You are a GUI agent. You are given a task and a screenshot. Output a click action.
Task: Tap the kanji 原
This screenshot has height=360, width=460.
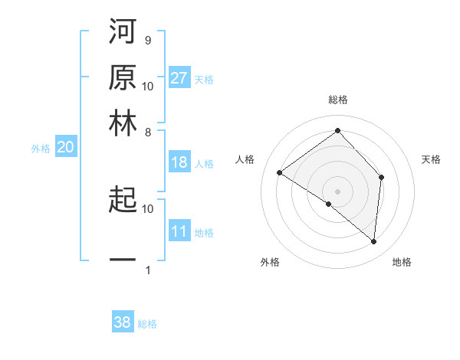[122, 78]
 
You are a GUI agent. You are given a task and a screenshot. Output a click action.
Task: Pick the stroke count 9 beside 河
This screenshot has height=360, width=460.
[147, 41]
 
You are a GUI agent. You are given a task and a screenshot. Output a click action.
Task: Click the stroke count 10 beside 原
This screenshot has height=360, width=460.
[148, 87]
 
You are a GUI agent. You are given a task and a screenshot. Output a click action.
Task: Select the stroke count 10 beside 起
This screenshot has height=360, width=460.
[148, 208]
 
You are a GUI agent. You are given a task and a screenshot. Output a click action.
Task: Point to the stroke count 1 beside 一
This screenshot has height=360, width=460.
[147, 270]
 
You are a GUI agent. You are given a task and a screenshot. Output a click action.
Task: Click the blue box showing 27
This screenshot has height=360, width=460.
[179, 78]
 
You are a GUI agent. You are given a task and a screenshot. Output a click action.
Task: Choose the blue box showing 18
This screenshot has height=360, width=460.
[179, 162]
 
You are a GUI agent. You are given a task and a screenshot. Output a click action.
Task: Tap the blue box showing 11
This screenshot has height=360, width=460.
[179, 231]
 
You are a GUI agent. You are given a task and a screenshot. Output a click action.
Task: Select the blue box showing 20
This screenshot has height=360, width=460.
[65, 148]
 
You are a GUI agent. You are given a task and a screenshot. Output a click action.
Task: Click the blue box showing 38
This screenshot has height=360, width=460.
[123, 322]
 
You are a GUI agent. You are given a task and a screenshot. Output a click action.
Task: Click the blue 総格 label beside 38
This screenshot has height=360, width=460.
[147, 324]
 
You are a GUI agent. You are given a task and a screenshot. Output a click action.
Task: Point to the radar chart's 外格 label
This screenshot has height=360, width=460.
[270, 262]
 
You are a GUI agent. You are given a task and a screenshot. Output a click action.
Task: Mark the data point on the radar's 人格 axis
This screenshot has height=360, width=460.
[280, 173]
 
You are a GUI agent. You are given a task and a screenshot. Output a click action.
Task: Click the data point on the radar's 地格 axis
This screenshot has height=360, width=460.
[373, 242]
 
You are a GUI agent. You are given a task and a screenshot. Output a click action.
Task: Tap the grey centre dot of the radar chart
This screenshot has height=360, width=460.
[337, 190]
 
